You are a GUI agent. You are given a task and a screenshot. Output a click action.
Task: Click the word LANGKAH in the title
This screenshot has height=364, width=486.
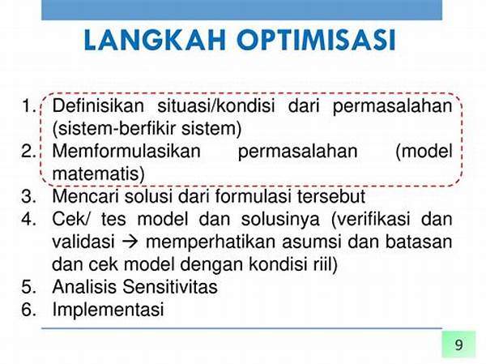click(x=155, y=40)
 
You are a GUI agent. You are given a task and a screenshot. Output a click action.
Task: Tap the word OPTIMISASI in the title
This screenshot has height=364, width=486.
click(x=317, y=40)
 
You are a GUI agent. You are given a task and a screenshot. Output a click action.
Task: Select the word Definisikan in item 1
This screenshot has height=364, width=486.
click(x=98, y=105)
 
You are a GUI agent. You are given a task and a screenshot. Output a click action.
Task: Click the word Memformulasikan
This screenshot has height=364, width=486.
click(x=126, y=151)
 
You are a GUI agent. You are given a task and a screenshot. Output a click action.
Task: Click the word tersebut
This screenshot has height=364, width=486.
click(x=331, y=196)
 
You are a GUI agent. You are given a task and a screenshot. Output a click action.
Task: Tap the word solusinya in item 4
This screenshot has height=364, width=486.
click(x=280, y=220)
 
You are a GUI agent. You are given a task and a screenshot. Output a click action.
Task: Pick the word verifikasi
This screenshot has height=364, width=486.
click(x=373, y=219)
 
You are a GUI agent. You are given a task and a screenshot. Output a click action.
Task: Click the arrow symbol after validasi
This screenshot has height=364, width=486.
click(x=130, y=242)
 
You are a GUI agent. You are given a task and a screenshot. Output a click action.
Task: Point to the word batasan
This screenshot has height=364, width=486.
click(x=419, y=242)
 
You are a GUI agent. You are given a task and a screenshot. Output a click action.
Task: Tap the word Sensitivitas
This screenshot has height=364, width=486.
click(x=170, y=287)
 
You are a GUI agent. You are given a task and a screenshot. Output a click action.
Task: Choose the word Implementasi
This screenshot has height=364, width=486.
click(x=109, y=310)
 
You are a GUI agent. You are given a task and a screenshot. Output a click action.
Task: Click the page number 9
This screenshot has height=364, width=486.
click(x=459, y=345)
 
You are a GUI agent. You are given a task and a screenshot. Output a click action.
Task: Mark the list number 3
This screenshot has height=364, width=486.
click(x=29, y=196)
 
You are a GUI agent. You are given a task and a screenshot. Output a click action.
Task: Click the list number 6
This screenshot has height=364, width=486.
click(x=29, y=310)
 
